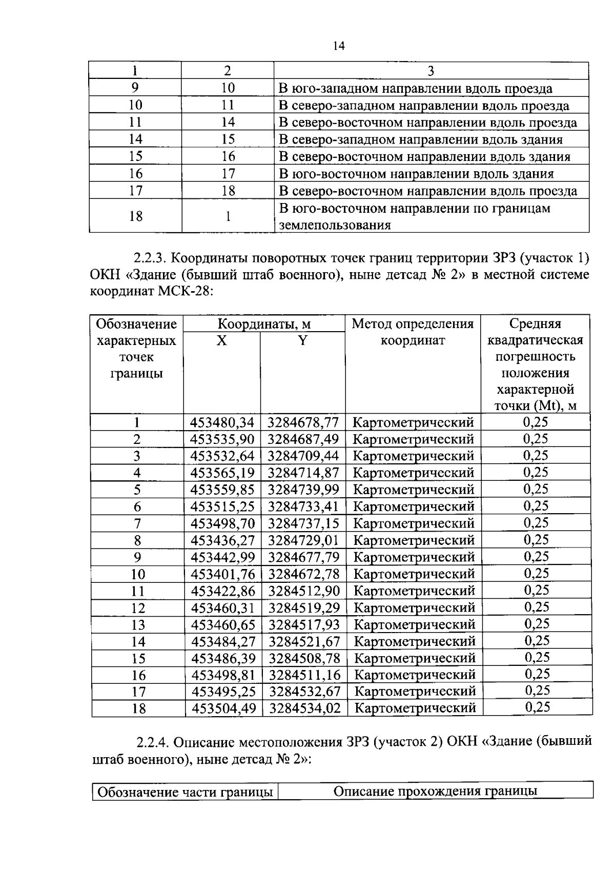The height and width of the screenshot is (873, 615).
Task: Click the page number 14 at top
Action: point(339,46)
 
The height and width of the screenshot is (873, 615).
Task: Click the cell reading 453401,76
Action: point(223,574)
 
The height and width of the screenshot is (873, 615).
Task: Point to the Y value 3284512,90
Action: point(304,591)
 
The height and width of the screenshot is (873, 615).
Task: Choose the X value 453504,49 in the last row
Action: point(223,708)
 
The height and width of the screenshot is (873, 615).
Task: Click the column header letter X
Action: point(221,340)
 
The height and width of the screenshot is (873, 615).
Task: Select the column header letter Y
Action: point(303,340)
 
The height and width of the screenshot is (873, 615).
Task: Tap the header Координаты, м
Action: point(264,324)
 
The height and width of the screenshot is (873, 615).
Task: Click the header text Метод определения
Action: point(413,324)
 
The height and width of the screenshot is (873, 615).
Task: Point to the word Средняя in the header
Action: point(535,324)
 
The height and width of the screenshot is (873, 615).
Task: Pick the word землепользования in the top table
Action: point(335,225)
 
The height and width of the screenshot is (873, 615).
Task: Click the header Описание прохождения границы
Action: point(435,791)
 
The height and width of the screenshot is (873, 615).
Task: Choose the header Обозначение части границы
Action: point(185,792)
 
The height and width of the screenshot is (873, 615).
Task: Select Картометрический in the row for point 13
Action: point(415,624)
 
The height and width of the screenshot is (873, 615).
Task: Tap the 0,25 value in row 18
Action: point(538,707)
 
